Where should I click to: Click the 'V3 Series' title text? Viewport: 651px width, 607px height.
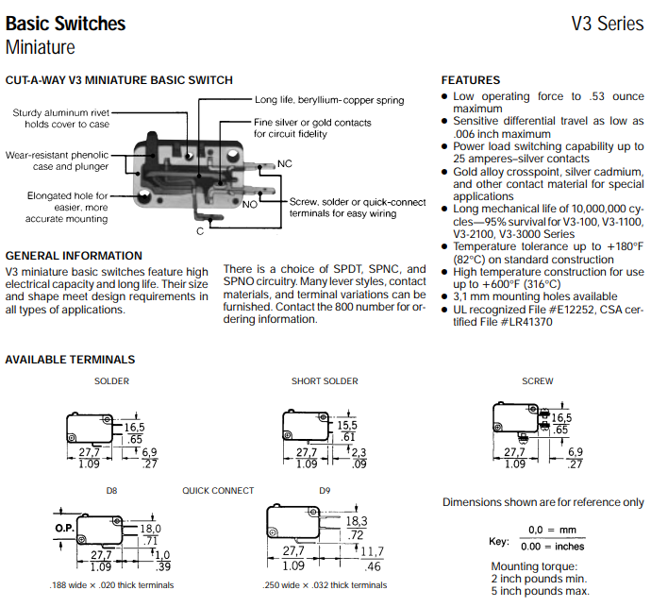point(608,24)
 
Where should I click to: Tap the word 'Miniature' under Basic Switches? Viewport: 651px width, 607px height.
point(41,47)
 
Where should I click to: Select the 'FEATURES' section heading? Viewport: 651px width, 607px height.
point(471,80)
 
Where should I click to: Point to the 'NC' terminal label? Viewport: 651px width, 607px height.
point(285,164)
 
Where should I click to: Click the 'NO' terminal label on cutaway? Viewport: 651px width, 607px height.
point(250,204)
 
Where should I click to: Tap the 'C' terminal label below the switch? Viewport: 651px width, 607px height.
point(200,230)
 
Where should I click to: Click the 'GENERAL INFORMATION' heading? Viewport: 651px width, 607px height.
point(74,256)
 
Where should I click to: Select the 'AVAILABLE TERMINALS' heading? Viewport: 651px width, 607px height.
point(70,360)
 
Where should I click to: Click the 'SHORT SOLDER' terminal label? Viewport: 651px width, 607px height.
point(325,381)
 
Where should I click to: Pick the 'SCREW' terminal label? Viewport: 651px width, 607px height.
point(538,381)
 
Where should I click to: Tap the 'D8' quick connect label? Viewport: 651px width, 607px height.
point(111,491)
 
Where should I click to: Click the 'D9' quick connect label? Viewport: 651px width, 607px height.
point(325,491)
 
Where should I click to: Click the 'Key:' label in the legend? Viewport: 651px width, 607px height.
point(498,543)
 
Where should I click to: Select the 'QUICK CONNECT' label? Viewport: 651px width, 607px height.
point(218,491)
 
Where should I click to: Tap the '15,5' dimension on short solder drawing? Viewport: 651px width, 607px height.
point(348,426)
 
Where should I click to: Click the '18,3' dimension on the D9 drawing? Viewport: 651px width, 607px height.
point(357,520)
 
